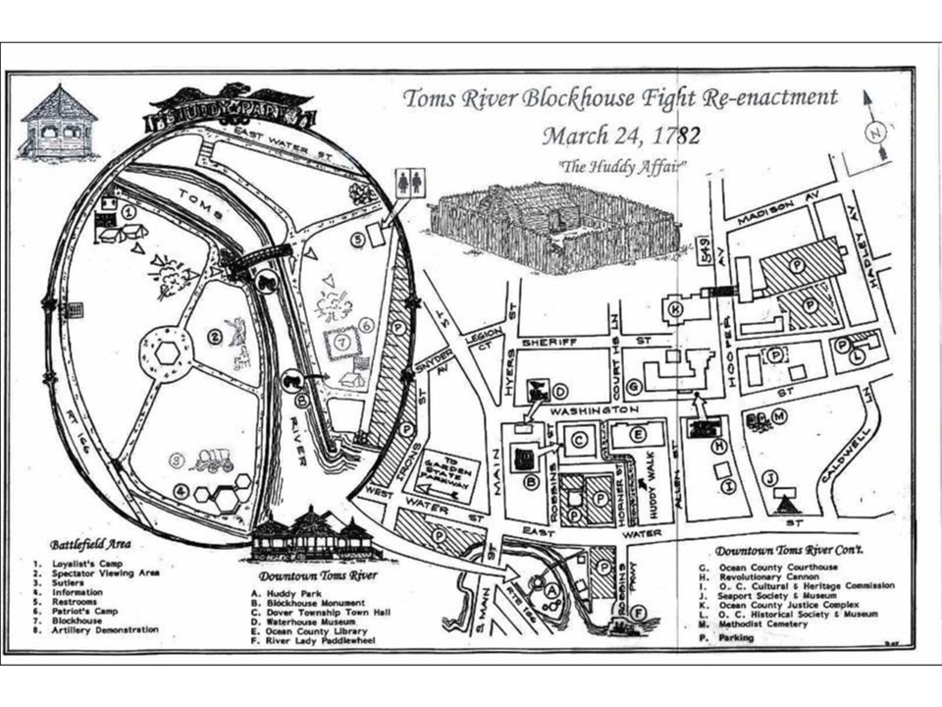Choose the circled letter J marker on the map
click(x=770, y=478)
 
